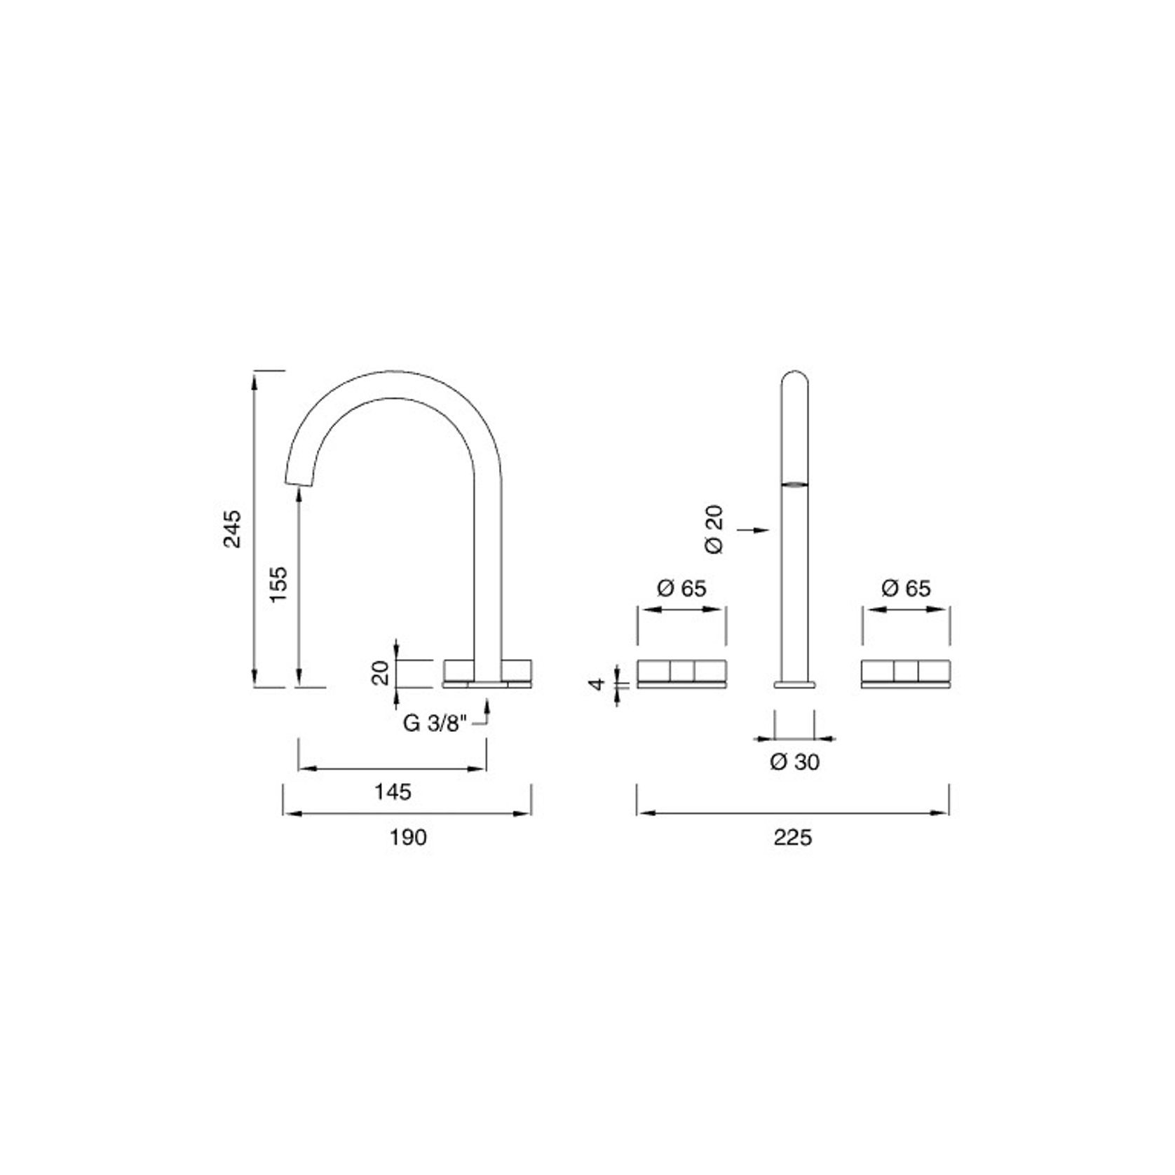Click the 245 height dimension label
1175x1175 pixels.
(232, 529)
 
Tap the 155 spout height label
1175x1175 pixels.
(278, 583)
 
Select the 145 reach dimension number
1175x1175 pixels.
(393, 792)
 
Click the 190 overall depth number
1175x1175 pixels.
(409, 836)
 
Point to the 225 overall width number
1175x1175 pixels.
(793, 836)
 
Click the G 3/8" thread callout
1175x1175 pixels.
(435, 723)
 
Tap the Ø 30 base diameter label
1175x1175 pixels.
(794, 762)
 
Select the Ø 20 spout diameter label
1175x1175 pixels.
(715, 529)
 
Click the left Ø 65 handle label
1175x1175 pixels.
(681, 588)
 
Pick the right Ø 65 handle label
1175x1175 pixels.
(906, 588)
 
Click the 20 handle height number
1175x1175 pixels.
(381, 674)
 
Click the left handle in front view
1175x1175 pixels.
(681, 672)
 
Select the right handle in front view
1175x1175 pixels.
(906, 672)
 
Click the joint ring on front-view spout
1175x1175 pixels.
(794, 483)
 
